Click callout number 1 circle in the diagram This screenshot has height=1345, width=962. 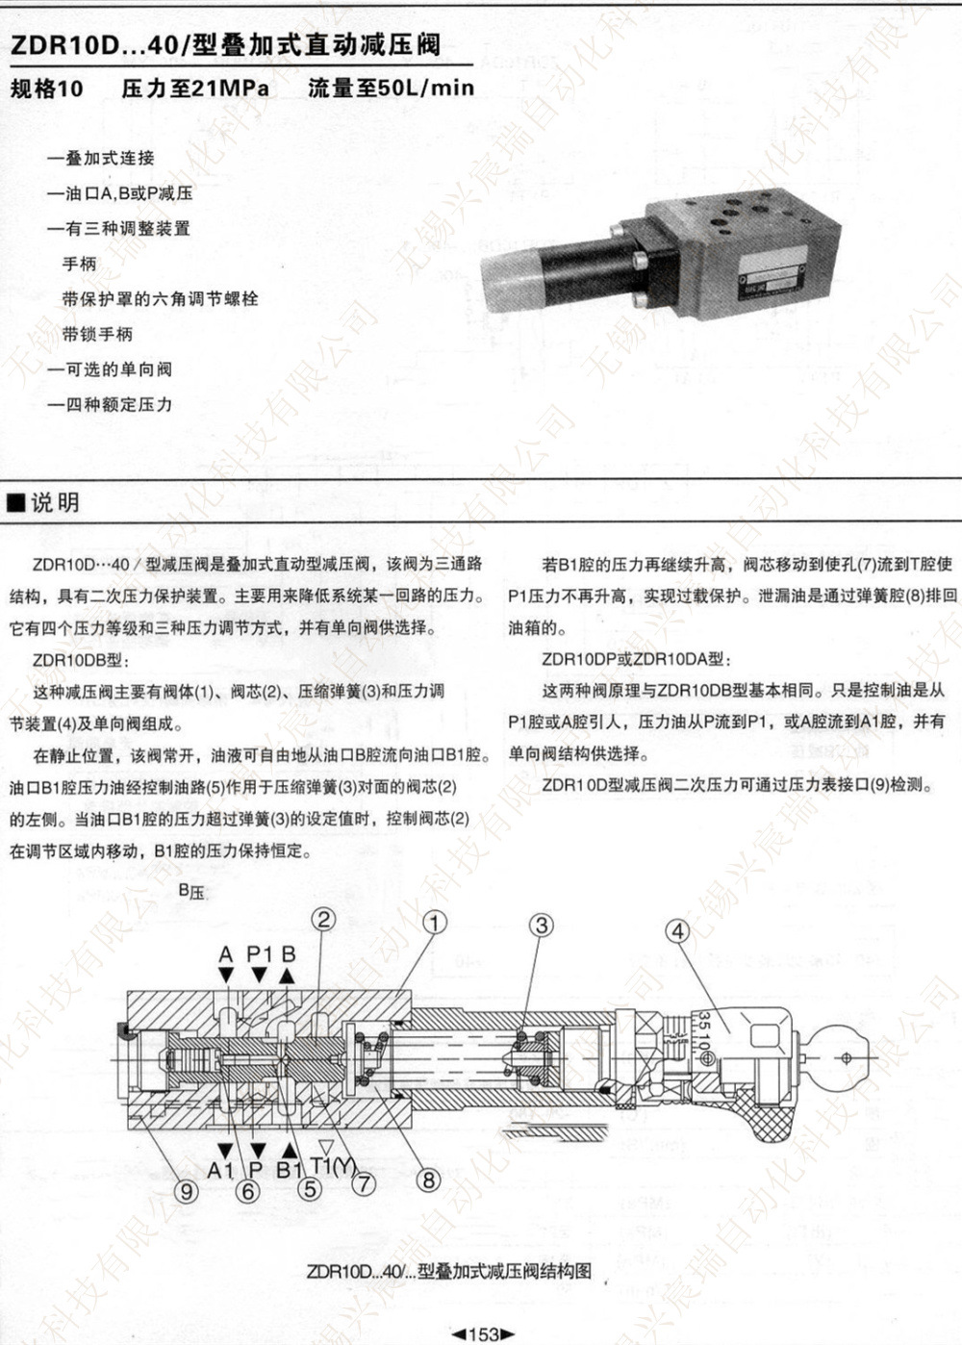click(435, 923)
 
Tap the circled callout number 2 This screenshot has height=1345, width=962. click(324, 919)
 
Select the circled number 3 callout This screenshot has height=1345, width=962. click(543, 925)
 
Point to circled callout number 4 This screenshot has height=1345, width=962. click(678, 930)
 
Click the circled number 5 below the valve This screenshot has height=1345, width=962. click(309, 1189)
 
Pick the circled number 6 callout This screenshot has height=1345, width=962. click(248, 1191)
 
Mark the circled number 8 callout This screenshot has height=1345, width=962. click(428, 1180)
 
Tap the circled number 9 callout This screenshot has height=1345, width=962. click(187, 1191)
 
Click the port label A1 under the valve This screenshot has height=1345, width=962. click(221, 1170)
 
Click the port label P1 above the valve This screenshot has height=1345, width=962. click(260, 953)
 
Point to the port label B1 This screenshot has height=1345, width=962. click(290, 1170)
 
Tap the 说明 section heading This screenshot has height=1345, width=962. click(55, 502)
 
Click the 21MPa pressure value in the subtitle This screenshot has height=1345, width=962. click(230, 89)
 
